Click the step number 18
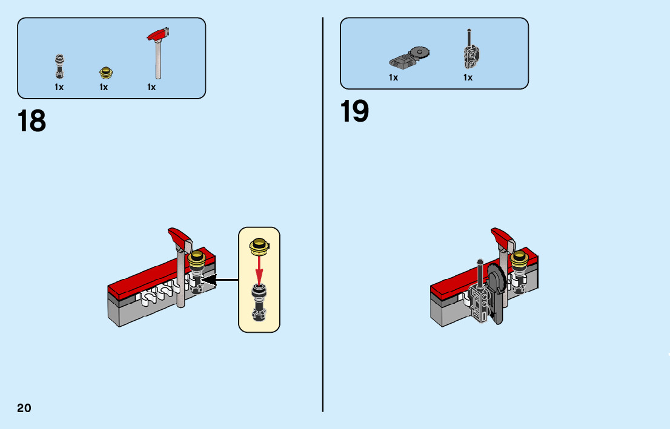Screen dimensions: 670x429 [x=32, y=121]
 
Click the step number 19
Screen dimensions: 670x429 [x=354, y=112]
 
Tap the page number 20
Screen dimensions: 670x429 [x=24, y=408]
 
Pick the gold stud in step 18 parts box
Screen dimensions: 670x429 [x=106, y=73]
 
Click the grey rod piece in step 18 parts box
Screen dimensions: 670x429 [x=59, y=66]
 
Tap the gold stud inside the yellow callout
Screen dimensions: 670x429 [x=259, y=245]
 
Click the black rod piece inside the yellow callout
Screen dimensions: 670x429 [x=259, y=300]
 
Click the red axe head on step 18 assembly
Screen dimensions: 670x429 [x=179, y=237]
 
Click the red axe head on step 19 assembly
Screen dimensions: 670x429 [x=502, y=237]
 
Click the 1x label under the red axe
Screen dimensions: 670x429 [x=151, y=87]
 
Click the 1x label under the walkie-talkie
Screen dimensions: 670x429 [x=468, y=77]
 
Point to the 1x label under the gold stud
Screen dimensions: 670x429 [x=104, y=87]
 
